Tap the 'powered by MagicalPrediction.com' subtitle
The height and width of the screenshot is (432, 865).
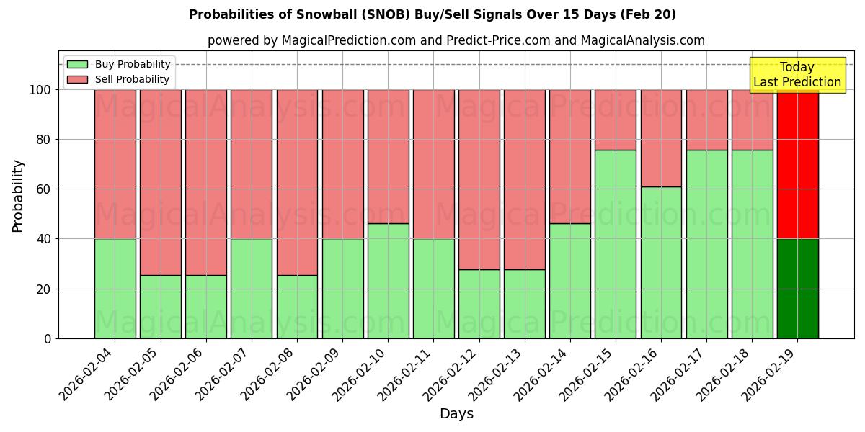pos(456,40)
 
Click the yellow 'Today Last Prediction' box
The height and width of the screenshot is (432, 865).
pos(797,75)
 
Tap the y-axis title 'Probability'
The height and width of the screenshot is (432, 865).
pos(18,195)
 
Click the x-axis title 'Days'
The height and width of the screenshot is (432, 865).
pos(456,413)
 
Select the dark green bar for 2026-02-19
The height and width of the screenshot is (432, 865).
pos(797,288)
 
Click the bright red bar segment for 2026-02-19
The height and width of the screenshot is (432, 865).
pos(797,164)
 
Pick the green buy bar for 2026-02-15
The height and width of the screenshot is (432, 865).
pos(616,244)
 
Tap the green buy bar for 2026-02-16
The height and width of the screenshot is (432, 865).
pos(661,263)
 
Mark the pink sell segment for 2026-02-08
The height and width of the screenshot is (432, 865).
pos(297,182)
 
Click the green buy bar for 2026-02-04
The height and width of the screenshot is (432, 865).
pos(115,288)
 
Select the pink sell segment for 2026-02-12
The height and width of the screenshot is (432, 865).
pos(479,180)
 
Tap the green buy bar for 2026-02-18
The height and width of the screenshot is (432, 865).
pos(752,244)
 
